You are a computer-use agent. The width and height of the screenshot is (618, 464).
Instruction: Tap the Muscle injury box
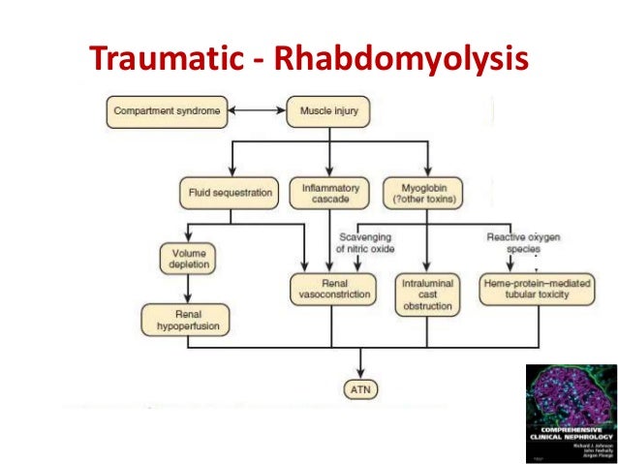(x=329, y=111)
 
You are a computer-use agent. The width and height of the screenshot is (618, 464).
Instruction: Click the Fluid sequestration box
(x=229, y=192)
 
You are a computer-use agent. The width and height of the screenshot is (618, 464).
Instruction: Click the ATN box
(x=360, y=390)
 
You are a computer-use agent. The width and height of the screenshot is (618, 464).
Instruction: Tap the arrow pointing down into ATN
(x=360, y=365)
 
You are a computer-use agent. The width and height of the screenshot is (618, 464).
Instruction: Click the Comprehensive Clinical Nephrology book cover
(x=572, y=413)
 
